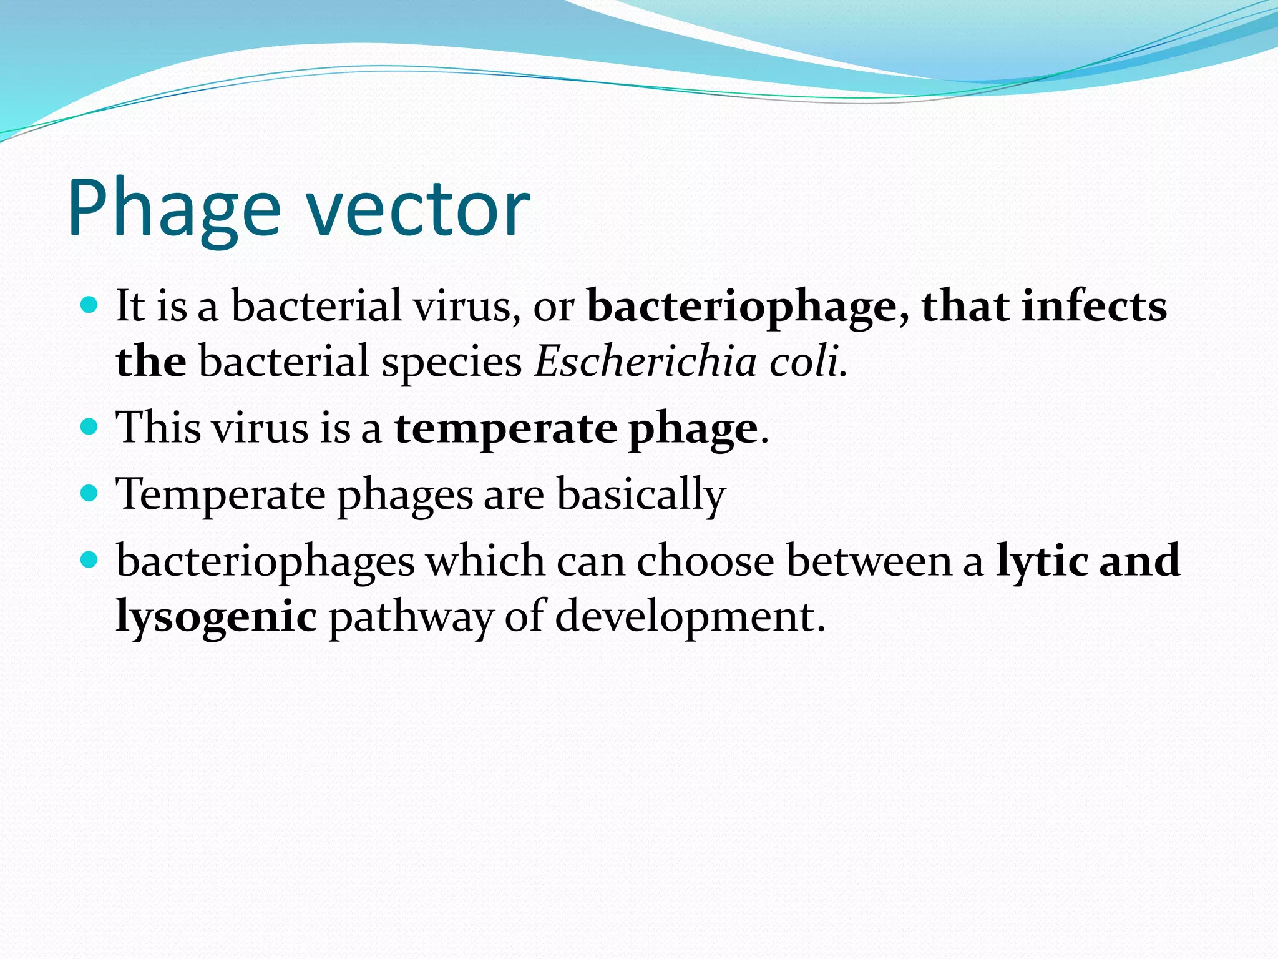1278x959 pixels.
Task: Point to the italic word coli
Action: [807, 361]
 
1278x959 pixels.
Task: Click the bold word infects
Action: [1093, 307]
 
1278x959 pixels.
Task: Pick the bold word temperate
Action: [505, 428]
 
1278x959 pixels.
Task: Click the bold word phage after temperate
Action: [693, 430]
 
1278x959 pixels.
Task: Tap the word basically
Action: [641, 494]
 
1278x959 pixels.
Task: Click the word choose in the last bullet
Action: [705, 560]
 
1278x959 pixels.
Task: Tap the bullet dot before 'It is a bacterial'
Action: [90, 305]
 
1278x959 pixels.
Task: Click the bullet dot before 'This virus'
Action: [90, 427]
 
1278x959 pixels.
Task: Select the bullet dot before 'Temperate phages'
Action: [90, 493]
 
